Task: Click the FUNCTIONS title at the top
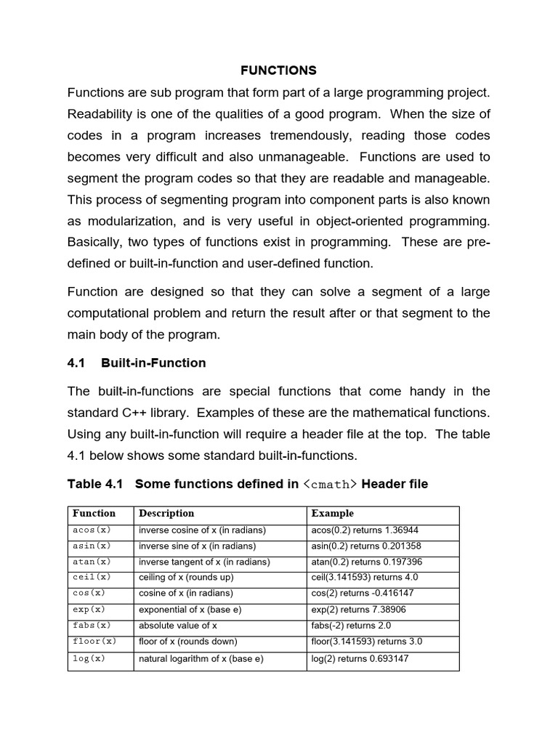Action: [x=279, y=70]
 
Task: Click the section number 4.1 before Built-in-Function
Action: [x=77, y=363]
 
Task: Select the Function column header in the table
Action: [x=94, y=513]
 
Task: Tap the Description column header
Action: [x=166, y=513]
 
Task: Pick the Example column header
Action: [x=333, y=513]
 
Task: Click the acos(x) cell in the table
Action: [x=92, y=530]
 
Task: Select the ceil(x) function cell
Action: [x=92, y=578]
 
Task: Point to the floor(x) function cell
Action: [x=94, y=642]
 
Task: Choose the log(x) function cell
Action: [x=89, y=659]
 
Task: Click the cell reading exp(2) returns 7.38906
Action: [x=359, y=610]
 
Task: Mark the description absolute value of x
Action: [x=178, y=626]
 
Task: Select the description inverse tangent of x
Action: [x=204, y=562]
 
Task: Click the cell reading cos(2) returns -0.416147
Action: [x=363, y=594]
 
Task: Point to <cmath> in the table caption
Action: [x=330, y=485]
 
